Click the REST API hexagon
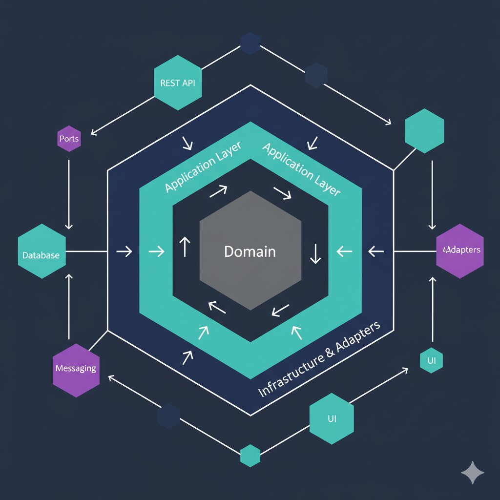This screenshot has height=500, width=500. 178,83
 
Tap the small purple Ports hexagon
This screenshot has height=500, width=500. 69,139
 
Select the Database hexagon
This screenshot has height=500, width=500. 42,251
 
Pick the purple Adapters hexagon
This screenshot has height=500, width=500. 460,251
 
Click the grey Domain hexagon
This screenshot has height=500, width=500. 250,250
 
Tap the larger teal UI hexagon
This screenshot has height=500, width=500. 332,418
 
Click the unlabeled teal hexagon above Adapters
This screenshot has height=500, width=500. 425,131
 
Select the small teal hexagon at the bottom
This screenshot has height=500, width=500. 250,455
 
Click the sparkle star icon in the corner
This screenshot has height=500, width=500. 473,473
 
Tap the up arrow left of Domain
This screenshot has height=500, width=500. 184,247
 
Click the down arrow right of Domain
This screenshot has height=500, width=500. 315,253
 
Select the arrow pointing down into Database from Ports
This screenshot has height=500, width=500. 69,195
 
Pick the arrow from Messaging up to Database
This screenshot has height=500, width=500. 69,305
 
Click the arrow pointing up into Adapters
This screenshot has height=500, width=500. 432,308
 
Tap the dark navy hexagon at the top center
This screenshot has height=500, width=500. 250,43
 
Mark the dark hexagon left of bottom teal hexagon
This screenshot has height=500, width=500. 168,416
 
